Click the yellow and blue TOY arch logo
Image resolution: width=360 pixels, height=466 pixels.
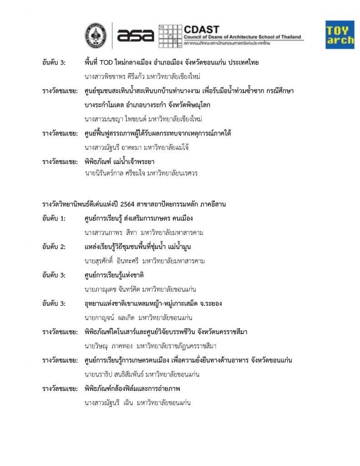340,35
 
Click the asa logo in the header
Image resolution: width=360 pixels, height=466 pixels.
136,35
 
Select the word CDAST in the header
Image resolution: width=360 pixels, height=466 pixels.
201,29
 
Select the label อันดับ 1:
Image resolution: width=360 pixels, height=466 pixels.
54,218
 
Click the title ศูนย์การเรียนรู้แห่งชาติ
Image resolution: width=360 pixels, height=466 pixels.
114,275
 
